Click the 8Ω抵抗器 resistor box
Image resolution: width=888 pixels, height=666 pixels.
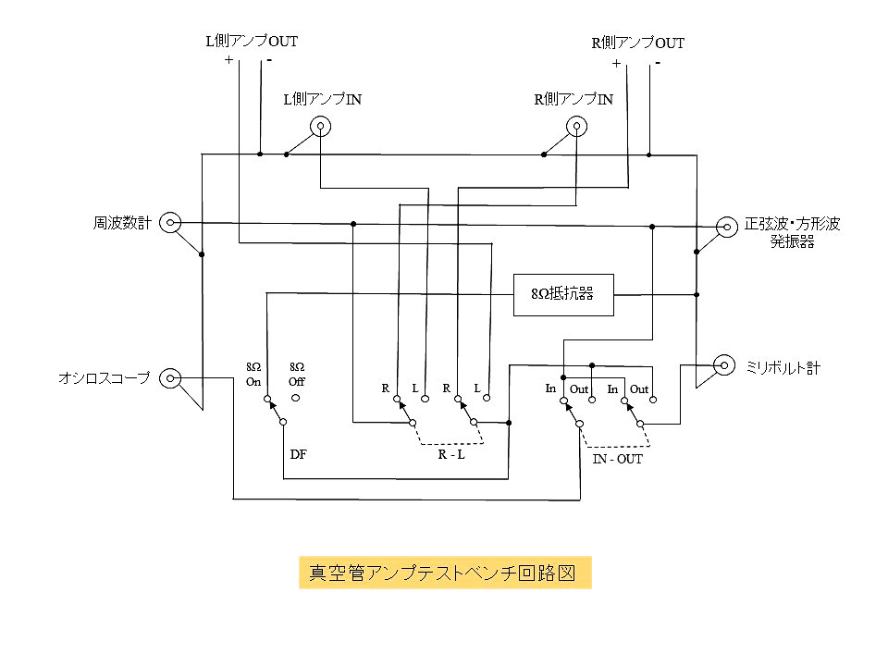563,295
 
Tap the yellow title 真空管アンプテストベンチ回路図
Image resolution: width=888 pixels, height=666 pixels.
445,573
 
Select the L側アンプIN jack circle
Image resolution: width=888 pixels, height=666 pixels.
320,127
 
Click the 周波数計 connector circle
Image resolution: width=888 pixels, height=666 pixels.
170,222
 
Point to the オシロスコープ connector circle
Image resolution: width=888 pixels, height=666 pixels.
170,377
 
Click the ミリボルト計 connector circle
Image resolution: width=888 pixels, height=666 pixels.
725,367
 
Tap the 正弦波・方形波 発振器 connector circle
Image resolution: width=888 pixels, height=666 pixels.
725,224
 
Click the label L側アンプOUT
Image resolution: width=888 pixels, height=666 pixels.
252,41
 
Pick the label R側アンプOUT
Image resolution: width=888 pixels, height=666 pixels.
638,43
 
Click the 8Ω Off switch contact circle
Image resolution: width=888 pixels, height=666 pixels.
296,399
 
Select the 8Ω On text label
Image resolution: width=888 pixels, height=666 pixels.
253,375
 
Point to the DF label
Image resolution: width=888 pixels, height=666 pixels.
298,453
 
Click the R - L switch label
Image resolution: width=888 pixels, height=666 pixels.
450,454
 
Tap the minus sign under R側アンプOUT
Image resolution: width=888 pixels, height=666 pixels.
657,63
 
